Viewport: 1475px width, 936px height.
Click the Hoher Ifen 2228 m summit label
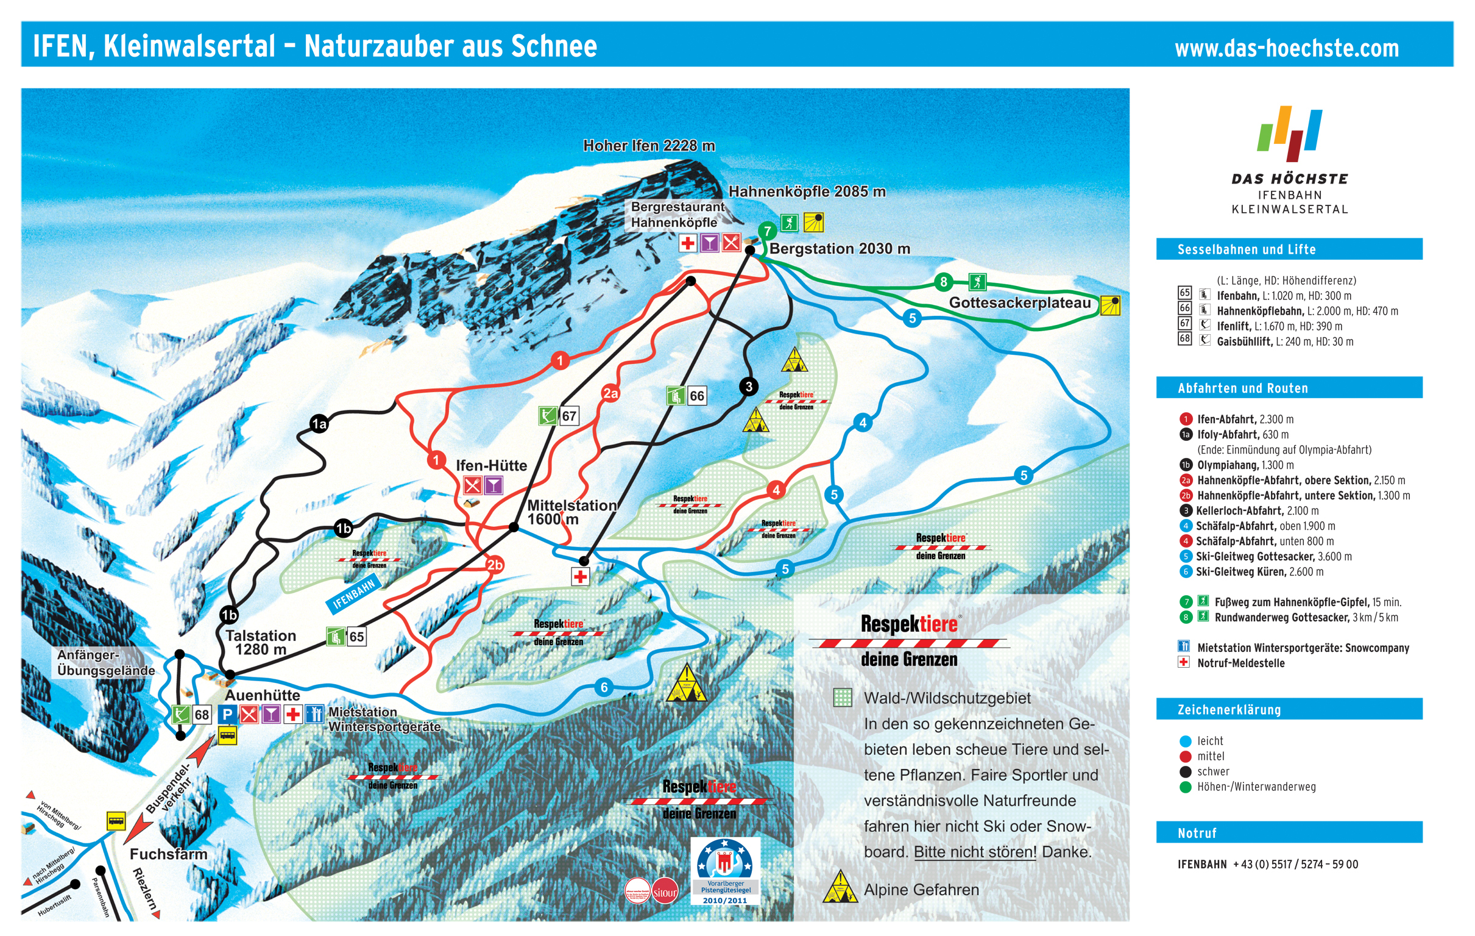649,146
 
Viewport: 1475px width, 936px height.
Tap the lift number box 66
696,396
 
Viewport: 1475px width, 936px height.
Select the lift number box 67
569,416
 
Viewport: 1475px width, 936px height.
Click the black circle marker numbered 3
748,387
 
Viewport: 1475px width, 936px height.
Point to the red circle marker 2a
610,393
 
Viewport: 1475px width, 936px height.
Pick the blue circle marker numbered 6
604,687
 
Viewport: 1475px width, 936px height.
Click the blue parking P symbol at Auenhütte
227,714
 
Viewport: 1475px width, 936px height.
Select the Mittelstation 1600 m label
571,512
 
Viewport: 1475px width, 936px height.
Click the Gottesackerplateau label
1020,303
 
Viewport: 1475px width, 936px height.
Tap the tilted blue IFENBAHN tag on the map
353,595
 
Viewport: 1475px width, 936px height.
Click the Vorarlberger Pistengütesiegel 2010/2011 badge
724,871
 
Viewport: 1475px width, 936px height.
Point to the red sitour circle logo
665,892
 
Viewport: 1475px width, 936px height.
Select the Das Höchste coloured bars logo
1289,132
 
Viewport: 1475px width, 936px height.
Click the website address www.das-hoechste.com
1286,48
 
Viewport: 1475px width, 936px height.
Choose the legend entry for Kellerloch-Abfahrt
1257,510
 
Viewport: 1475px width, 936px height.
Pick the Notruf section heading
1197,833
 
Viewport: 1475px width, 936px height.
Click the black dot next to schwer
1185,772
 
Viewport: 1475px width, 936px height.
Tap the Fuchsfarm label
168,854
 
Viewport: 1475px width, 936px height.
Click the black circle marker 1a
319,424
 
